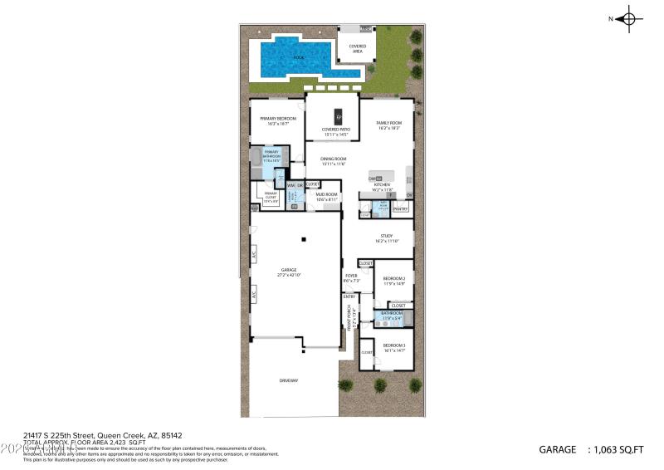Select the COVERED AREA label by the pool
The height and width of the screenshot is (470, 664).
358,48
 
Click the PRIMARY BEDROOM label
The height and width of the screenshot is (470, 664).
277,119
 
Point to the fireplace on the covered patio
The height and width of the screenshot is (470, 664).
338,115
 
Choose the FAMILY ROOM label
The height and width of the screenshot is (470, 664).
388,124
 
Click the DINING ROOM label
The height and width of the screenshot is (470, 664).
333,159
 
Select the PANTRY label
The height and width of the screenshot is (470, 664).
400,209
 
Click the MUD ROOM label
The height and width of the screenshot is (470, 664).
326,194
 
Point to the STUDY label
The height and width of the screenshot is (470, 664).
387,236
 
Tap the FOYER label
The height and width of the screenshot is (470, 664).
350,276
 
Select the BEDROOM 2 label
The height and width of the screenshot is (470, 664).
393,279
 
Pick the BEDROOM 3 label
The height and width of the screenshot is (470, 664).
393,345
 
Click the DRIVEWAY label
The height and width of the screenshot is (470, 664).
288,380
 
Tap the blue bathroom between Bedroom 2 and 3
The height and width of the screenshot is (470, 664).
391,316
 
